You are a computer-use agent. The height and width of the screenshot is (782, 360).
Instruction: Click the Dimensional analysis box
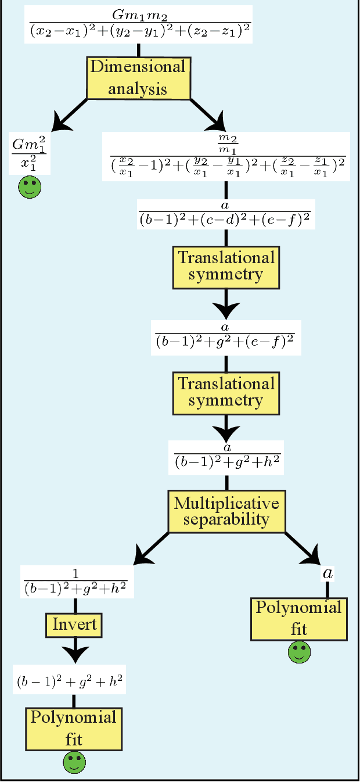pos(138,77)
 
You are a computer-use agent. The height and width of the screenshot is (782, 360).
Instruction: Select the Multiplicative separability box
pos(226,511)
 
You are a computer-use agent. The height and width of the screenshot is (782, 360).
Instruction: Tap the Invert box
pos(74,625)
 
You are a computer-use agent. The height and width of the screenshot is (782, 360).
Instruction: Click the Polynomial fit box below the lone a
pos(299,619)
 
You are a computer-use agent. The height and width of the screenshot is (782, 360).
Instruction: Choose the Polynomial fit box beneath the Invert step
pos(74,729)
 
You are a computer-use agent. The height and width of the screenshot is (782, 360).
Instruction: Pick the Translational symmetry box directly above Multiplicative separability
pos(226,392)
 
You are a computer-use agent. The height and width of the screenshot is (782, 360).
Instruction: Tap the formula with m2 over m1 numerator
pos(225,156)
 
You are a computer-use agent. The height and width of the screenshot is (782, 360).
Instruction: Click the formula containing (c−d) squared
pos(226,213)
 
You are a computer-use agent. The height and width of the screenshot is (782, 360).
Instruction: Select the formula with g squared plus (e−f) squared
pos(226,338)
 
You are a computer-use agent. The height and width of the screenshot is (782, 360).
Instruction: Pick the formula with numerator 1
pos(78,581)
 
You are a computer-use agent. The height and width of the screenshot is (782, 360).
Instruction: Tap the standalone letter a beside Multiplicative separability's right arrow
pos(328,573)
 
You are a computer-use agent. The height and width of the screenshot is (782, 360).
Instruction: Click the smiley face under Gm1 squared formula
pos(30,188)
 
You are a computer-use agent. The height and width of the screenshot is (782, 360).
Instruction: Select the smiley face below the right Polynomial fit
pos(299,652)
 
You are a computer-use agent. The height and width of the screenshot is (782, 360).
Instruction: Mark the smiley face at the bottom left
pos(74,762)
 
